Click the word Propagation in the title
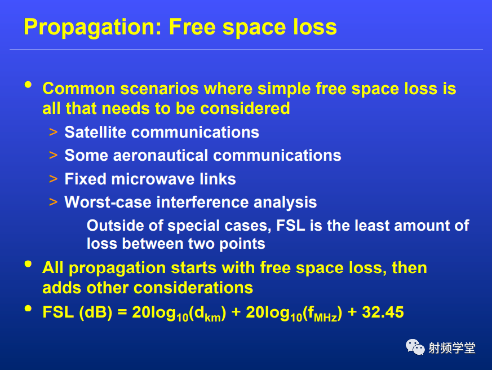pyautogui.click(x=93, y=28)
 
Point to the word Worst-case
pyautogui.click(x=108, y=202)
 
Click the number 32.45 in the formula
pyautogui.click(x=383, y=312)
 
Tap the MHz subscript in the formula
pyautogui.click(x=325, y=318)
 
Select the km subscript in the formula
pyautogui.click(x=212, y=318)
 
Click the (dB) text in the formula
pyautogui.click(x=96, y=313)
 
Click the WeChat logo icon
pyautogui.click(x=415, y=347)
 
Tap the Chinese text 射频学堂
pyautogui.click(x=452, y=348)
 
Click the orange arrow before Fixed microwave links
pyautogui.click(x=54, y=179)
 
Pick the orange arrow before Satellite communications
pyautogui.click(x=54, y=132)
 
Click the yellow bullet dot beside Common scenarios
pyautogui.click(x=28, y=85)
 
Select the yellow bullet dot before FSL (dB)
pyautogui.click(x=28, y=309)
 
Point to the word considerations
pyautogui.click(x=193, y=288)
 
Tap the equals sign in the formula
pyautogui.click(x=122, y=312)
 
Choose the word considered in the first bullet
pyautogui.click(x=245, y=109)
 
